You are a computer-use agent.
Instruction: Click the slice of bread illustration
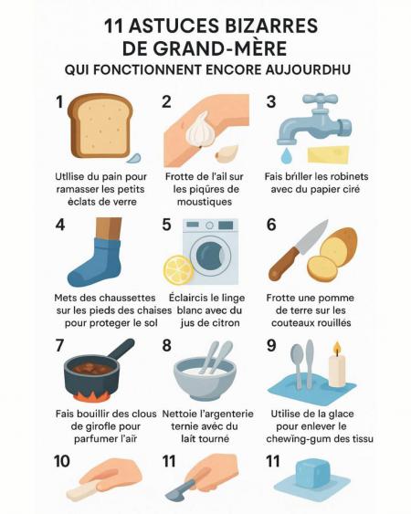click(100, 125)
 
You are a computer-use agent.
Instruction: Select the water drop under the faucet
click(287, 155)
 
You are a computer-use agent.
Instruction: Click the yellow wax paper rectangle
click(328, 154)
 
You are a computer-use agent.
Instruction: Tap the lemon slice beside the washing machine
click(179, 270)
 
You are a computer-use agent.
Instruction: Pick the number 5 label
click(166, 225)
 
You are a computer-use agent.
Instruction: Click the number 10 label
click(62, 461)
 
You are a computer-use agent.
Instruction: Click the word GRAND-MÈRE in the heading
click(221, 48)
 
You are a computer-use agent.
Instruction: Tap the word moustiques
click(205, 202)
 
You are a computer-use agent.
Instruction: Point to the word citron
click(226, 323)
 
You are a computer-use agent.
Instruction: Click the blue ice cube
click(312, 474)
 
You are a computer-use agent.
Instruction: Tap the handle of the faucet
click(320, 99)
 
